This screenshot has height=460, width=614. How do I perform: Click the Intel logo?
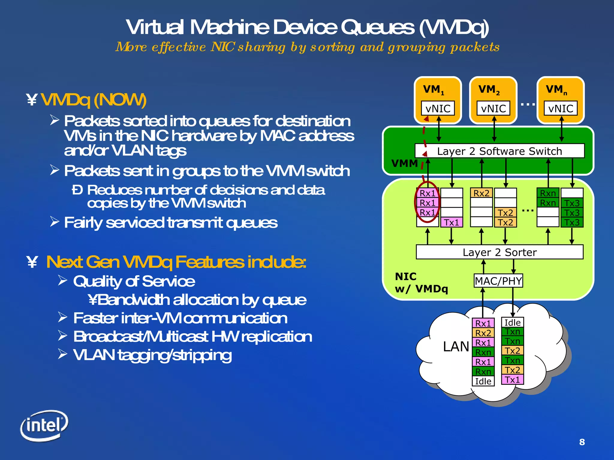(x=44, y=425)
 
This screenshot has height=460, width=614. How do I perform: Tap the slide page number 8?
(x=582, y=442)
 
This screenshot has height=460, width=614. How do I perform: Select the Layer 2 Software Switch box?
(x=499, y=151)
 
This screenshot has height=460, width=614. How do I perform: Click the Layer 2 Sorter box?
(x=499, y=252)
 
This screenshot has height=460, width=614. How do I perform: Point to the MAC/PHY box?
(x=498, y=281)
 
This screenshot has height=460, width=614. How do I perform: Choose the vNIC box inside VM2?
(x=493, y=108)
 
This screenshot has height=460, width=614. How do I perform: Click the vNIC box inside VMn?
(x=561, y=108)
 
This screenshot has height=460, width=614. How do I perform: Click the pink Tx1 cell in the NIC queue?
(x=452, y=222)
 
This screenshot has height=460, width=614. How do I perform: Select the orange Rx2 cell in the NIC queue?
(x=481, y=193)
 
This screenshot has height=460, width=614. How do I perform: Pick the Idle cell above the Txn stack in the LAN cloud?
(x=512, y=323)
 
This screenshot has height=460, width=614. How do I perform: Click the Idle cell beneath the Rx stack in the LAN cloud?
(x=483, y=381)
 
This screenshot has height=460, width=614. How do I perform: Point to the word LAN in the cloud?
(x=456, y=346)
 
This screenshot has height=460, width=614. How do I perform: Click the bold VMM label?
(x=404, y=164)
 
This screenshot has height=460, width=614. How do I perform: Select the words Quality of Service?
(x=134, y=281)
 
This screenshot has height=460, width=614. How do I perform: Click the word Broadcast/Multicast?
(x=141, y=336)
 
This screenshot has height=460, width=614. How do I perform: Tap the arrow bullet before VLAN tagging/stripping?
(x=63, y=354)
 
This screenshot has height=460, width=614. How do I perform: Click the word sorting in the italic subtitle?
(x=332, y=47)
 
